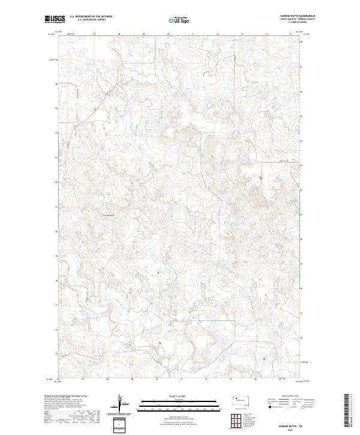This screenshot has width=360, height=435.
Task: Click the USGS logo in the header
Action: (55, 20)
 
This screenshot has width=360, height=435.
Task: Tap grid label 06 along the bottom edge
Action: (58, 379)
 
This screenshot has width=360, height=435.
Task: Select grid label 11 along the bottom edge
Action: (181, 379)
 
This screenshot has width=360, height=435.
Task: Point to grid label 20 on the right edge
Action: (302, 238)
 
